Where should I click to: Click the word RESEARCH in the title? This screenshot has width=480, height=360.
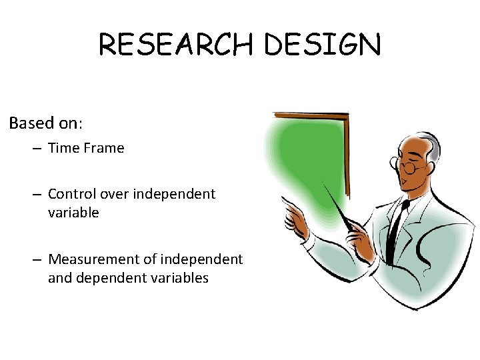tap(177, 45)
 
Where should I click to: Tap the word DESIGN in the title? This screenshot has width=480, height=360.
tap(323, 45)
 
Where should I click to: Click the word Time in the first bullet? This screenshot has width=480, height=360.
tap(64, 148)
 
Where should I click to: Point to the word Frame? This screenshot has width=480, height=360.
tap(103, 148)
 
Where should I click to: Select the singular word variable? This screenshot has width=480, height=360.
tap(73, 213)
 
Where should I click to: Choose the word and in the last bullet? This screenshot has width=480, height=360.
tap(60, 277)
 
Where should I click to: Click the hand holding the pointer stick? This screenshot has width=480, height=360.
tap(361, 233)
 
